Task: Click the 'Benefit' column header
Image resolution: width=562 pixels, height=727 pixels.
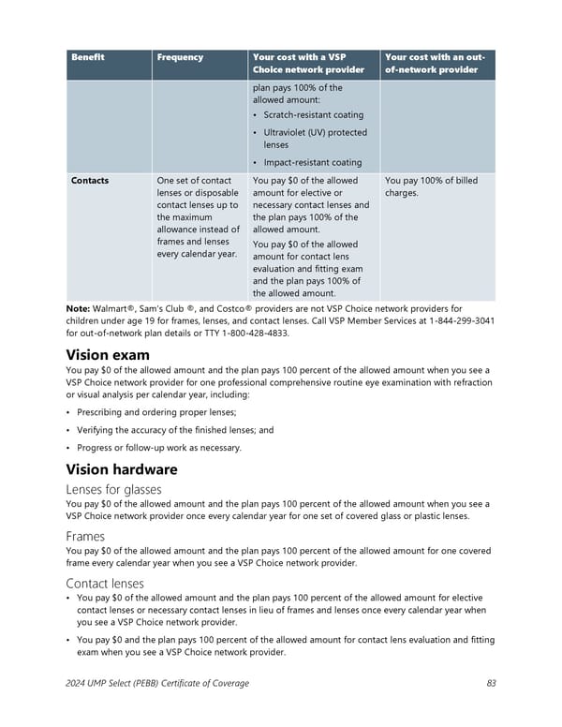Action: click(88, 58)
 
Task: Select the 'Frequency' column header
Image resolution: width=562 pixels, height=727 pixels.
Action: click(180, 58)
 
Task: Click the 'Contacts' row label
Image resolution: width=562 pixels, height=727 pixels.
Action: click(90, 181)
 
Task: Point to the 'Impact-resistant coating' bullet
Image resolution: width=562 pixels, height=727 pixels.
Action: click(312, 162)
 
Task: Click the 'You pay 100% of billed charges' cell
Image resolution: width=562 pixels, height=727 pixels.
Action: click(431, 187)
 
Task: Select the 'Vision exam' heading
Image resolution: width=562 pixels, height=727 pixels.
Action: click(108, 355)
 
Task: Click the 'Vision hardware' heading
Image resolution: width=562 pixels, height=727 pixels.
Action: click(122, 469)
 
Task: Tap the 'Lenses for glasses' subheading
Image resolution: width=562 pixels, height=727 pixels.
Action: click(113, 489)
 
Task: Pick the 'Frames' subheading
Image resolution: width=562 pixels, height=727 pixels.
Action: click(85, 537)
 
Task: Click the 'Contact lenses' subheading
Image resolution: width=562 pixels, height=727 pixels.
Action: click(105, 584)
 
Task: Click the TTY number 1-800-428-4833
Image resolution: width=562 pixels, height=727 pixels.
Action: click(256, 333)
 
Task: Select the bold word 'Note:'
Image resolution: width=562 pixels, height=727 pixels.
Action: click(78, 308)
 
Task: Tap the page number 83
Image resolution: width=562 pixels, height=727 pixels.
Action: click(491, 684)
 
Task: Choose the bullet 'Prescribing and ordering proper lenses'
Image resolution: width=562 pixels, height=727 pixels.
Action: click(155, 413)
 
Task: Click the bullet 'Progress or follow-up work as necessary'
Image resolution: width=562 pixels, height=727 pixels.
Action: click(158, 447)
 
